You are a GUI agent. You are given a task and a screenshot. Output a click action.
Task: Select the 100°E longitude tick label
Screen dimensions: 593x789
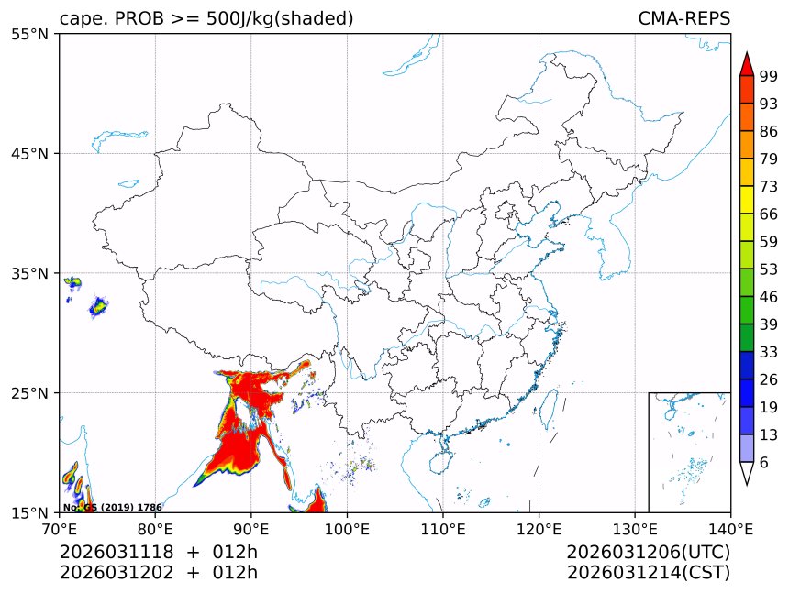(x=347, y=528)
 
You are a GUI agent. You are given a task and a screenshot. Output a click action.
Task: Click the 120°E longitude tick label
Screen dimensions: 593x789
(x=539, y=528)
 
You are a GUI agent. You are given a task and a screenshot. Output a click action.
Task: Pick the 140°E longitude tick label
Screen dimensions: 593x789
(x=730, y=528)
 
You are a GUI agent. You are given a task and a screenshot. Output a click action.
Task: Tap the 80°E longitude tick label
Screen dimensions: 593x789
(x=155, y=528)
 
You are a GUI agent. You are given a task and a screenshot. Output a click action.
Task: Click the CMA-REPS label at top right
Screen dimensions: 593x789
(x=683, y=18)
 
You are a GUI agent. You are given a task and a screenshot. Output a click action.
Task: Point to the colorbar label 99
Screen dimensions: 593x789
(x=769, y=77)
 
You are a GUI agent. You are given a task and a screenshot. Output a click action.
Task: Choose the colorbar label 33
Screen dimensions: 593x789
(x=769, y=351)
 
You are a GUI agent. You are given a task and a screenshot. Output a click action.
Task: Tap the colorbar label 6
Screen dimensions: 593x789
(x=764, y=463)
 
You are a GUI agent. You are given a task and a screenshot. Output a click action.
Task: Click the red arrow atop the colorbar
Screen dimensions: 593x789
(x=747, y=64)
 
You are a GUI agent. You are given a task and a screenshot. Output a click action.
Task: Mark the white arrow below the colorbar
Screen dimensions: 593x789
(x=747, y=473)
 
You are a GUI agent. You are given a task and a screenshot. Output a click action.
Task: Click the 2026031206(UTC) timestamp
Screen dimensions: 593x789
(x=649, y=552)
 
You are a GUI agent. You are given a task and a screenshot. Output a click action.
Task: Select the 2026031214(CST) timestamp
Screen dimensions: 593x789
(x=649, y=573)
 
